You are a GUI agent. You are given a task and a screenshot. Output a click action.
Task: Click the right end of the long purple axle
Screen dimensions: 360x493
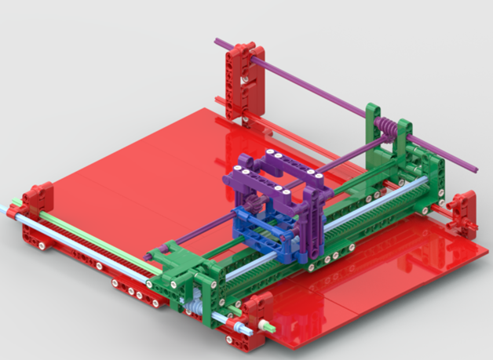[474, 167]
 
